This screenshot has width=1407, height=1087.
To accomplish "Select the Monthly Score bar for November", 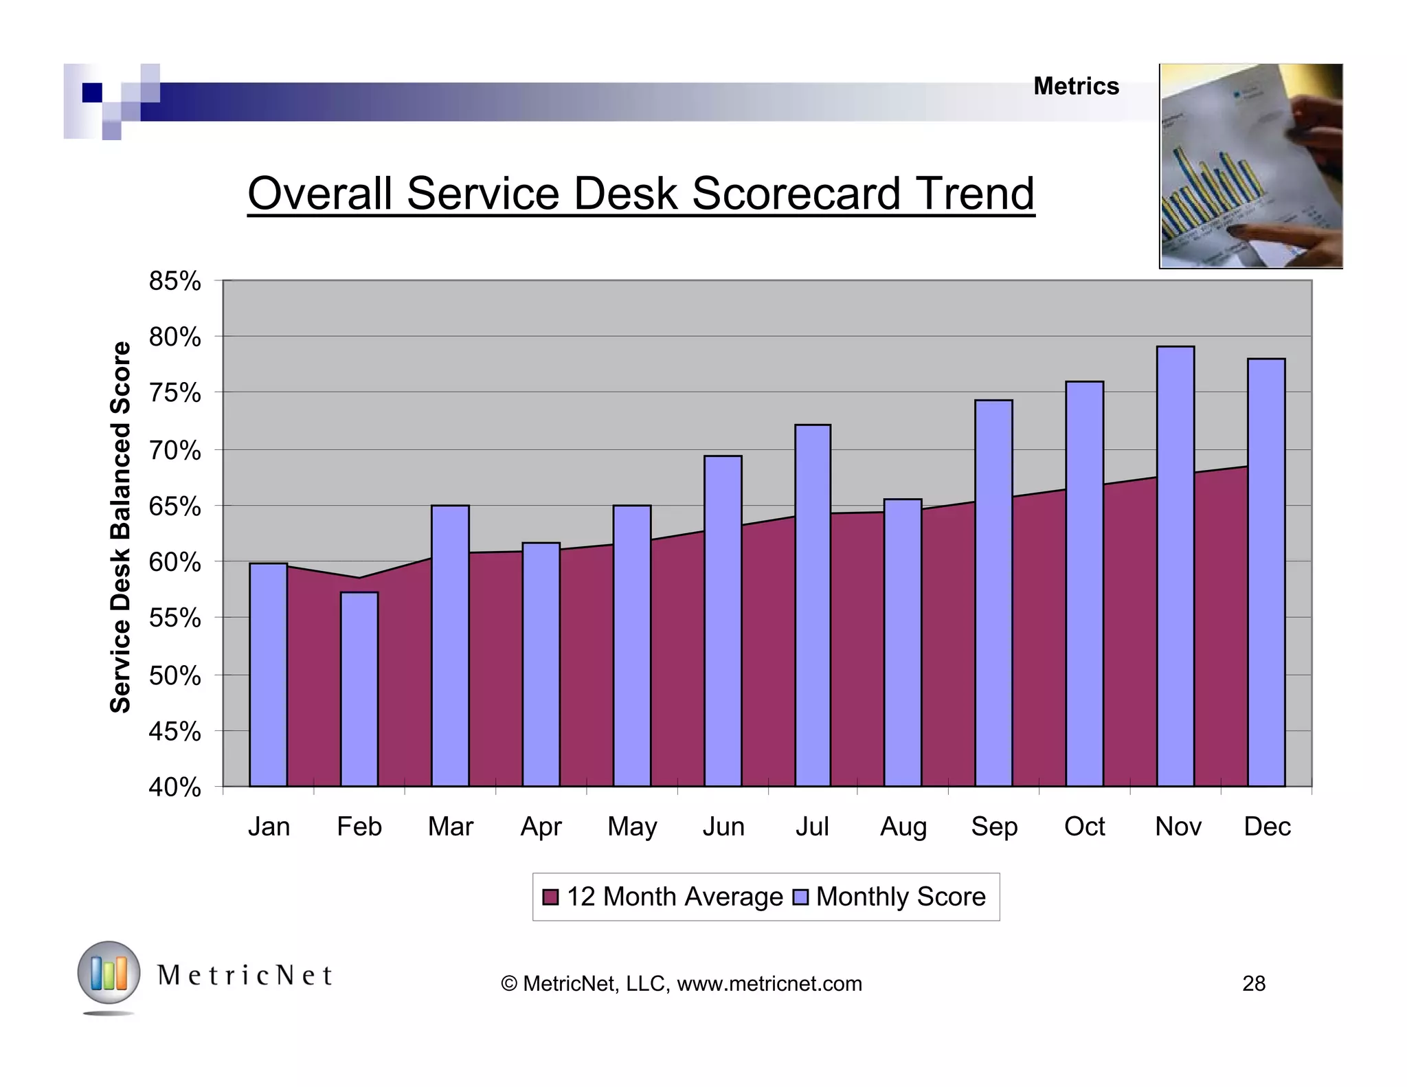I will (1175, 566).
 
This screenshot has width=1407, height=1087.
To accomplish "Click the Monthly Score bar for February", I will (359, 688).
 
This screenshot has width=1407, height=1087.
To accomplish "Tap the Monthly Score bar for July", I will (813, 605).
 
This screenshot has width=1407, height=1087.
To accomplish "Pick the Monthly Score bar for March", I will (450, 646).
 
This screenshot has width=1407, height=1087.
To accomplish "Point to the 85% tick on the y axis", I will (175, 281).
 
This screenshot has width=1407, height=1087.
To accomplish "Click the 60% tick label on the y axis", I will (175, 563).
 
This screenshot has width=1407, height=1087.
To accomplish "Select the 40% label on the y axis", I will (175, 787).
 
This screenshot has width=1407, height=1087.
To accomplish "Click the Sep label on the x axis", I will (993, 827).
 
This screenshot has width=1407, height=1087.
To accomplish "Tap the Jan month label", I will (269, 827).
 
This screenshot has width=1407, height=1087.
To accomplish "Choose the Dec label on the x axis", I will (1267, 827).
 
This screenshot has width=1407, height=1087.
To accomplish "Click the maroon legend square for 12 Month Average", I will (550, 897).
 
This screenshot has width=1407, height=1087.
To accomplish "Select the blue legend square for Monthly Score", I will (800, 897).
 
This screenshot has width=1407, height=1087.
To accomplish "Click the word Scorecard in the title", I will (796, 194).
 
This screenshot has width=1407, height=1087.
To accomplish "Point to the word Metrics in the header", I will (1076, 87).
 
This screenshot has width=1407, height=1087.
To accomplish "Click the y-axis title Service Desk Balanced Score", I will (121, 527).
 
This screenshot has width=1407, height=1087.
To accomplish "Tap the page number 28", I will (1253, 984).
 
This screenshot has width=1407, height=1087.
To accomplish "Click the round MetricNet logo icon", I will (109, 974).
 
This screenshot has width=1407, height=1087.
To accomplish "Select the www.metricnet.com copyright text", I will (769, 984).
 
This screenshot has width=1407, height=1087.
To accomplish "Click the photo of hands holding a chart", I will (1250, 166).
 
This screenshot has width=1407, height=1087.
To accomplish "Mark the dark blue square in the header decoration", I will (92, 93).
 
